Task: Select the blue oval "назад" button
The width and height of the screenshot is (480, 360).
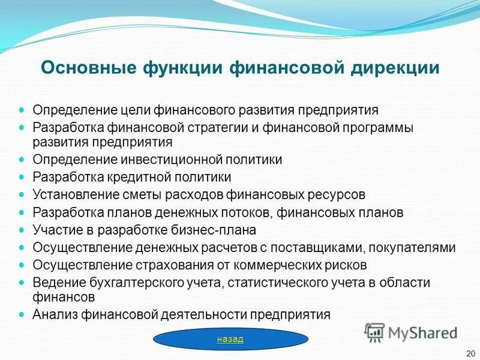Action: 230,340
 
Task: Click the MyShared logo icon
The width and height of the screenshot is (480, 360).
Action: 375,332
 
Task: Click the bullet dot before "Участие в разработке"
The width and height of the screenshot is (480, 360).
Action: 22,229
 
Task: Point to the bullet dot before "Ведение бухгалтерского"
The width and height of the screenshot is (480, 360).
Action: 22,281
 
